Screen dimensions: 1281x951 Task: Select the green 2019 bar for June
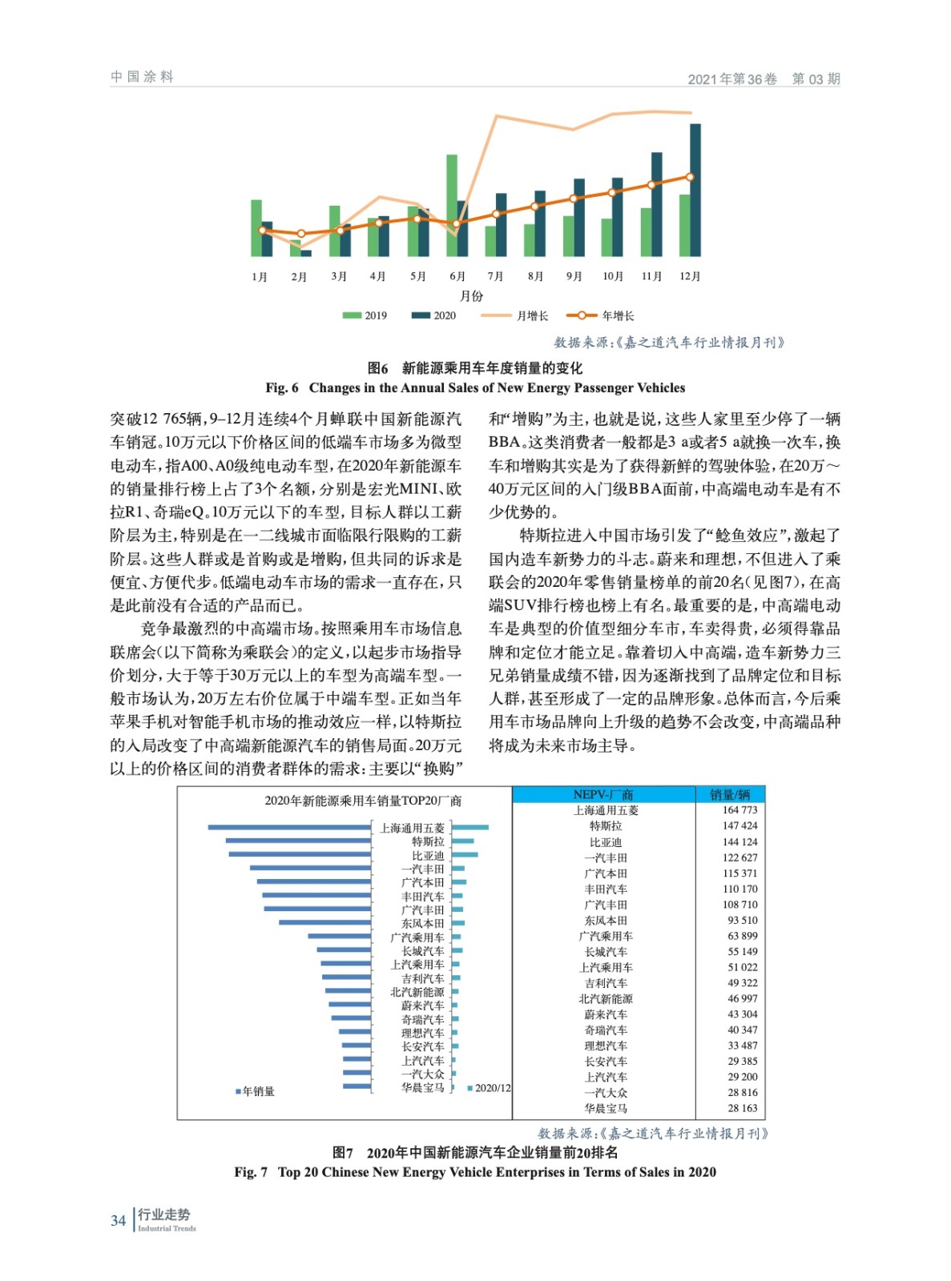tap(452, 205)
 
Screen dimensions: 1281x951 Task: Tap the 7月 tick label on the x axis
tap(495, 276)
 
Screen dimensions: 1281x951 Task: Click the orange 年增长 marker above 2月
tap(301, 234)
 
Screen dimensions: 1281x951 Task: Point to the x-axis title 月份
tap(471, 295)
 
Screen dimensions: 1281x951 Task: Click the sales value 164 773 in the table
tap(739, 810)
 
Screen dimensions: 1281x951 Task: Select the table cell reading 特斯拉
tap(605, 825)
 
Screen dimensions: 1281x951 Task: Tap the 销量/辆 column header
tap(730, 794)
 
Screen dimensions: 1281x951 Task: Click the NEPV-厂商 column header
tap(603, 794)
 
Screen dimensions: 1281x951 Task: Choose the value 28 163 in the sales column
tap(742, 1108)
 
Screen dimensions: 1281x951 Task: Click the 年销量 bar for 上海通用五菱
tap(289, 827)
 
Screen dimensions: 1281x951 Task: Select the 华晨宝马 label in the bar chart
tap(422, 1087)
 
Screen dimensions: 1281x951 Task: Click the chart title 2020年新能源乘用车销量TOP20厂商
tap(363, 801)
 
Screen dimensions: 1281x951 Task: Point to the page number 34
tap(118, 1220)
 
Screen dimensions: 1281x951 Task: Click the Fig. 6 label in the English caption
tap(282, 388)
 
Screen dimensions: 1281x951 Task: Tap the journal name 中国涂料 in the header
tap(142, 77)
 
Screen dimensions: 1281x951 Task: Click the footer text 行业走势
tap(163, 1215)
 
